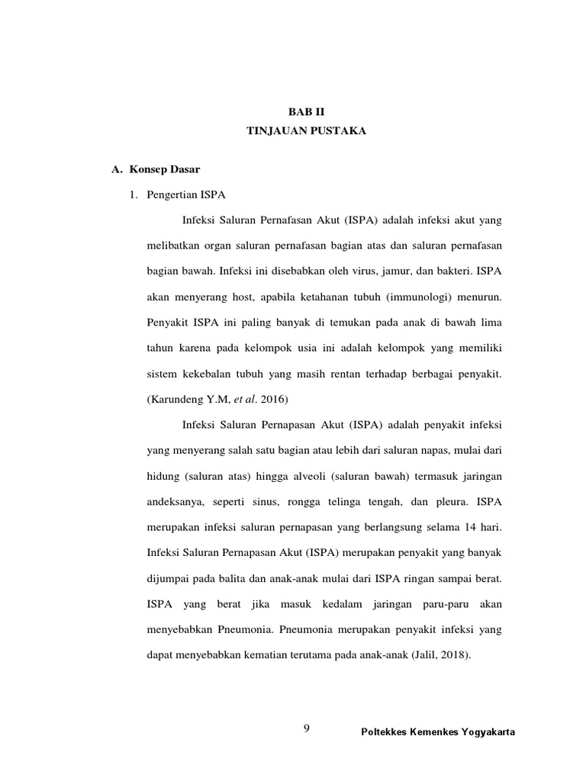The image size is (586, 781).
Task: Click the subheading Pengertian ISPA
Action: click(184, 194)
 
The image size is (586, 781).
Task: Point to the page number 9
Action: click(307, 729)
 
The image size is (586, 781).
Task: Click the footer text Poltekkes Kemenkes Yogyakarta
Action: click(437, 732)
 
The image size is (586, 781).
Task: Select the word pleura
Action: click(449, 502)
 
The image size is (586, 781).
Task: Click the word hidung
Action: click(162, 477)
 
